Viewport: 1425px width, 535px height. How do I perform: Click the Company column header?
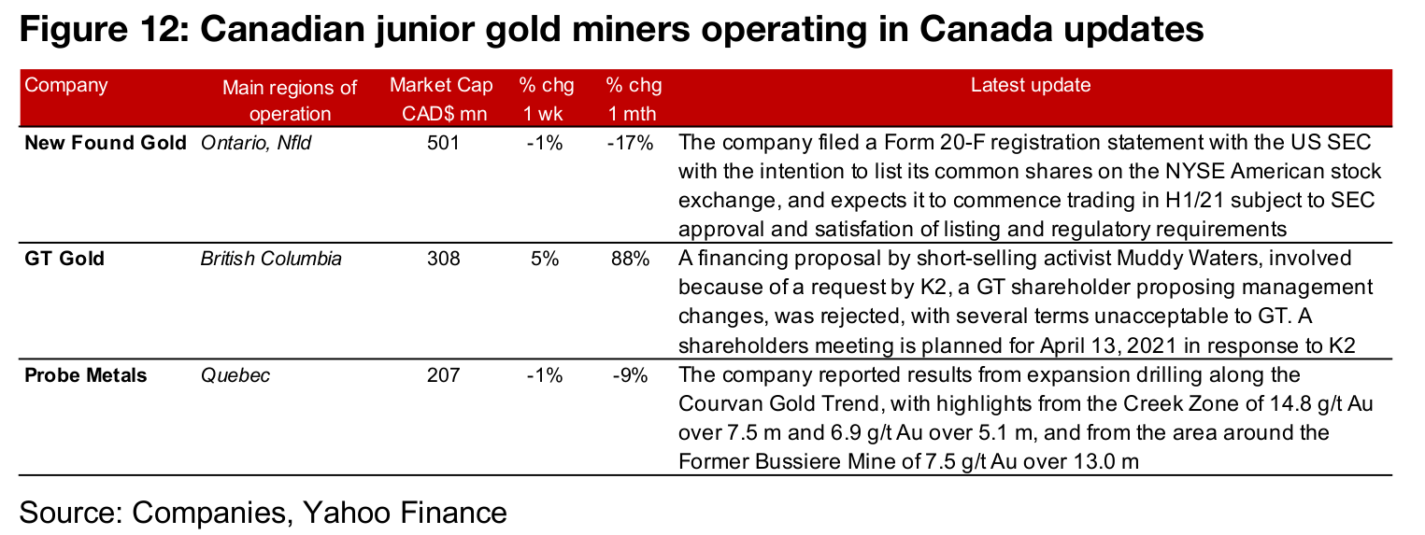[66, 86]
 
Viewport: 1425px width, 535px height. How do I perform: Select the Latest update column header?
[1030, 86]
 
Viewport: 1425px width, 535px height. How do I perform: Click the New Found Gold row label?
[105, 144]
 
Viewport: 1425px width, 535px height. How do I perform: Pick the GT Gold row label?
[64, 259]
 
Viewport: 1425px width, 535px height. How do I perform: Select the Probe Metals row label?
[86, 375]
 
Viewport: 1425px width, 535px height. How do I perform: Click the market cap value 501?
[443, 144]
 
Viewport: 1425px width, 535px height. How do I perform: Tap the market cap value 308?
[443, 259]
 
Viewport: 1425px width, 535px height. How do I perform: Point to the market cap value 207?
[443, 375]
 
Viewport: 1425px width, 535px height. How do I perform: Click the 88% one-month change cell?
[630, 259]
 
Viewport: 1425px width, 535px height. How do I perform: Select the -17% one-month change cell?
[630, 144]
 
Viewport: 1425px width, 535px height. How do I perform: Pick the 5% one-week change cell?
[544, 259]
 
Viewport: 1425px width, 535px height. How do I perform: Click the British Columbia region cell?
[271, 259]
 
